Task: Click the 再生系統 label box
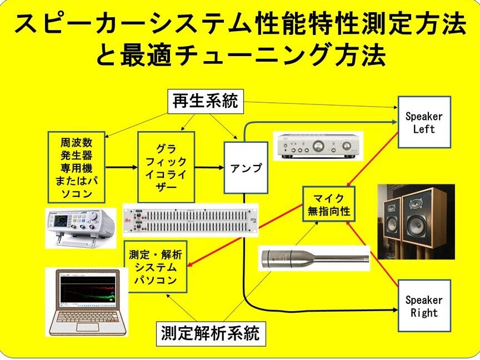tap(205, 101)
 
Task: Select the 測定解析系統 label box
tap(210, 334)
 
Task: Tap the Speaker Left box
tap(424, 122)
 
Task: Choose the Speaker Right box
tap(424, 306)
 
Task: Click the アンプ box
tap(246, 167)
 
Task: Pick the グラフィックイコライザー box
tap(166, 167)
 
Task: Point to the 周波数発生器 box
tap(76, 167)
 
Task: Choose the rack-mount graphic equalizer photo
tap(191, 221)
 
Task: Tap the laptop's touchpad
tap(87, 327)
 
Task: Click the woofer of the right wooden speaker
tap(421, 224)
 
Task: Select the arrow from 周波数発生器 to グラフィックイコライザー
tap(121, 167)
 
